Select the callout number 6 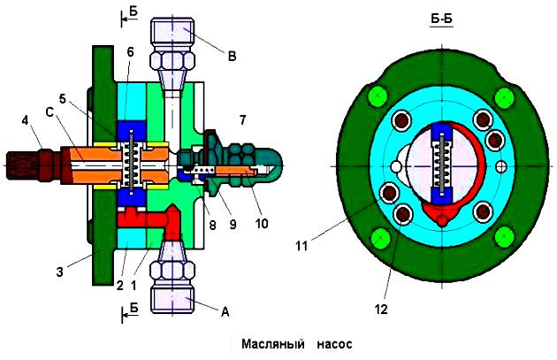(130, 53)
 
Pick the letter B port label (232, 57)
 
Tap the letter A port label (225, 310)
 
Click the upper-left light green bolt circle (378, 96)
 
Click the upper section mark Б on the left (132, 15)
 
